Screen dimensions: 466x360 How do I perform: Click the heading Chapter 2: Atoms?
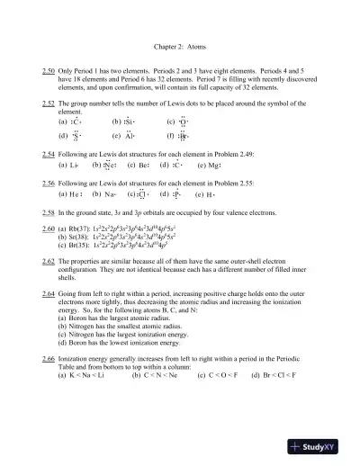click(x=180, y=45)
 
